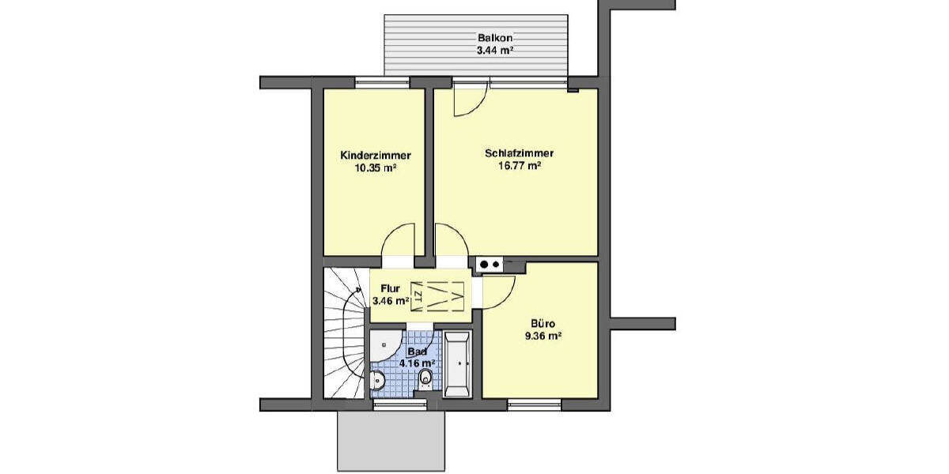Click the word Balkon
pos(496,37)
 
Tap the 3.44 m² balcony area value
pos(496,50)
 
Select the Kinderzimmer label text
pos(376,155)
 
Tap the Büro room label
pos(543,323)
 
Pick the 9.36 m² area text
pos(543,336)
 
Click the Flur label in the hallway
pos(389,288)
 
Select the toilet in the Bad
pos(427,378)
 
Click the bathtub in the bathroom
pos(458,363)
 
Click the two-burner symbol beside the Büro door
pos(489,264)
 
